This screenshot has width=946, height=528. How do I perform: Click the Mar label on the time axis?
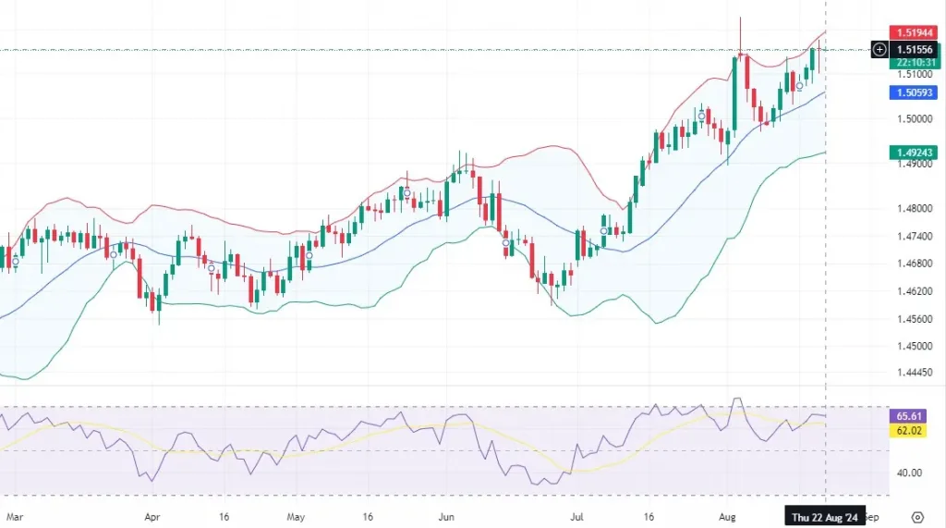coord(12,518)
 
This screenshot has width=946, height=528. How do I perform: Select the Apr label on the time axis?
coord(153,518)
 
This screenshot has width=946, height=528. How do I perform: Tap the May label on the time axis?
coord(296,518)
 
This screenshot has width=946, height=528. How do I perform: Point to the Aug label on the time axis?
coord(728,518)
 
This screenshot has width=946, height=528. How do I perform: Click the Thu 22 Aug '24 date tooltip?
coord(824,518)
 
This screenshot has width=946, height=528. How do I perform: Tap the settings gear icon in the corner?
coord(917,517)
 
